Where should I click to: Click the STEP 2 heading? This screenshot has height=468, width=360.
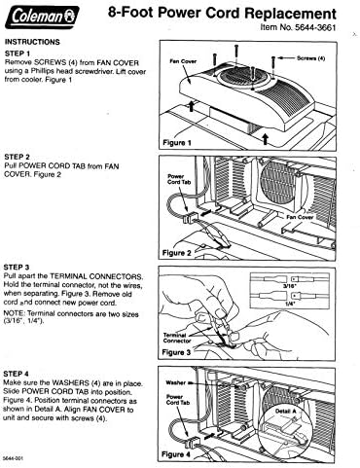[x=22, y=156]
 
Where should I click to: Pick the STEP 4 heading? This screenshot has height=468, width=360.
[x=22, y=373]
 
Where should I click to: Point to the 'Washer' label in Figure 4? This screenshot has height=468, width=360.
[x=175, y=382]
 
